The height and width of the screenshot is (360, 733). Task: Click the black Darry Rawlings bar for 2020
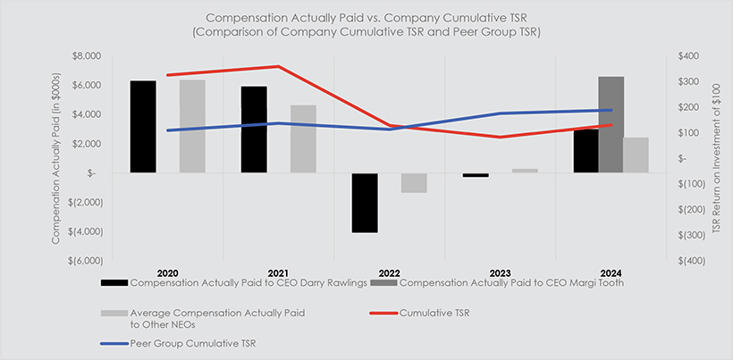tap(143, 126)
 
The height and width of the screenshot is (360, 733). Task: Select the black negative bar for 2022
tap(365, 202)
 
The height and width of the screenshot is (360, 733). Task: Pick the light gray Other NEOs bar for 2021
tap(303, 138)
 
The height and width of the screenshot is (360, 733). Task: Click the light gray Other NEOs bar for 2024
tap(636, 155)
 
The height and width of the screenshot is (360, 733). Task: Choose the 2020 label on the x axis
tap(167, 272)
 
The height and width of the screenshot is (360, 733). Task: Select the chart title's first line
tap(366, 17)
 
